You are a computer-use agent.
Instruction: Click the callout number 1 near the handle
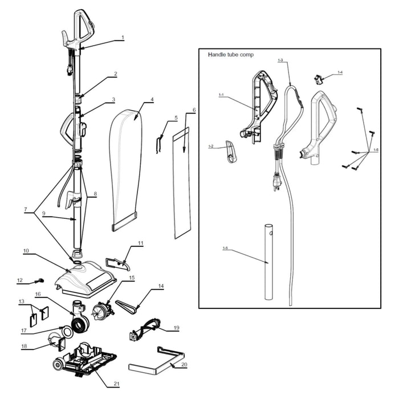click(x=123, y=38)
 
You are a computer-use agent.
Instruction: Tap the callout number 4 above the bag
click(x=152, y=100)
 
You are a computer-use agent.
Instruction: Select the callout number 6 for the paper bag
click(x=194, y=110)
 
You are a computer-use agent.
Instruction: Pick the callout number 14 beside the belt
click(x=161, y=286)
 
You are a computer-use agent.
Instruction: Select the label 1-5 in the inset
click(x=225, y=249)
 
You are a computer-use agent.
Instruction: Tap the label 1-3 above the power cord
click(x=280, y=60)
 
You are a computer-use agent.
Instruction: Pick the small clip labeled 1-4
click(x=319, y=78)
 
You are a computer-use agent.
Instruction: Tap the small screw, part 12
click(x=39, y=280)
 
